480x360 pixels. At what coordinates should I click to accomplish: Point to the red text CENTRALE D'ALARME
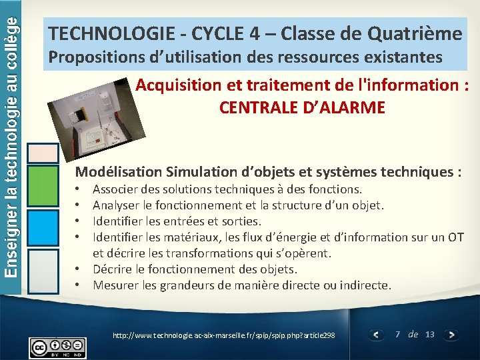302,107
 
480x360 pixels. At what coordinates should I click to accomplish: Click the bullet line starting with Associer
227,189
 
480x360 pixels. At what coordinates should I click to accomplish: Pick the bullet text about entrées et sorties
177,221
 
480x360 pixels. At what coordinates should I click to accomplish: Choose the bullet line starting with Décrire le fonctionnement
195,269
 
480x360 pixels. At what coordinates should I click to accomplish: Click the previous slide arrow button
377,335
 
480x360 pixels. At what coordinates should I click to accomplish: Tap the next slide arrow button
451,335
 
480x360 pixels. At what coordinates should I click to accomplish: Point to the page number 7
398,334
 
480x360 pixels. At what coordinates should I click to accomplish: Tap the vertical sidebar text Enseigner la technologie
13,100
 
